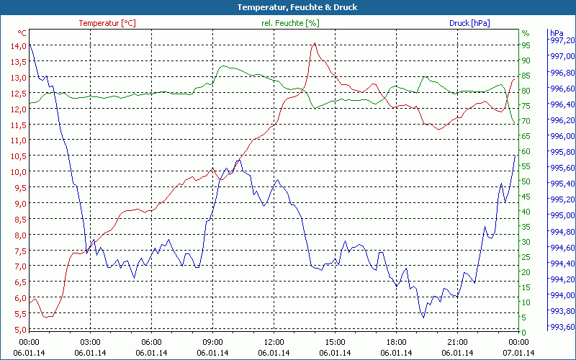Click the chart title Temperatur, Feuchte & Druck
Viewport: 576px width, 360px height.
click(x=287, y=7)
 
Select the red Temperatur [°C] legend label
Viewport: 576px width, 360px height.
click(x=107, y=23)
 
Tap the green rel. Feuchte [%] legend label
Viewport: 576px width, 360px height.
click(x=289, y=23)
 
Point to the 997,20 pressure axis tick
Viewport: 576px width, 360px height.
click(x=562, y=41)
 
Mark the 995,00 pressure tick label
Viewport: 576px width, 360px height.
click(x=562, y=216)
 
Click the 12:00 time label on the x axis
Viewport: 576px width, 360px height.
click(x=274, y=342)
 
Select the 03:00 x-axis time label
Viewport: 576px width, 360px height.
click(x=91, y=342)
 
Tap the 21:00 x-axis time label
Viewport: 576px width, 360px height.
click(x=458, y=342)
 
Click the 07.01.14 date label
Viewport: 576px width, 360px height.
click(x=519, y=353)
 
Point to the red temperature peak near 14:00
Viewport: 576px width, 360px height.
click(x=315, y=44)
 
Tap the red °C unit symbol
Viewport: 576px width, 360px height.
click(x=22, y=33)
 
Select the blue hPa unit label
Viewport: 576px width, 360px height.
click(x=556, y=33)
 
